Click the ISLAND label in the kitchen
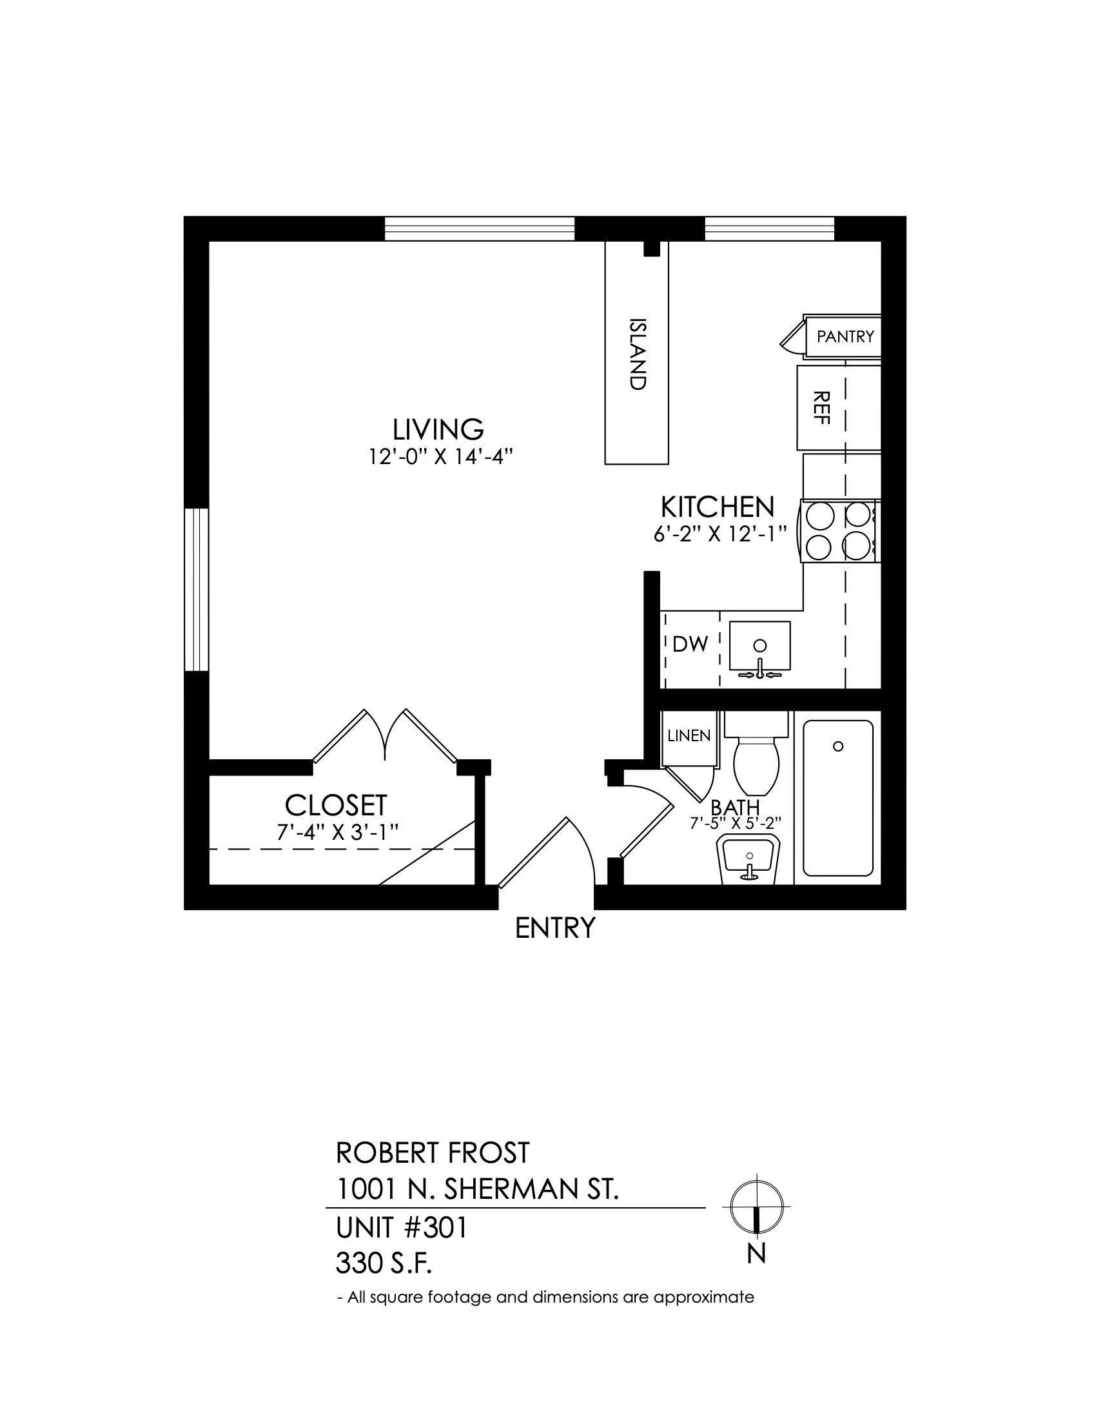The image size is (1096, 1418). pyautogui.click(x=638, y=354)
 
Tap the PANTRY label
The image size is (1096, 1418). pyautogui.click(x=845, y=336)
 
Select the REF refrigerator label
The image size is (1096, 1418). pyautogui.click(x=822, y=408)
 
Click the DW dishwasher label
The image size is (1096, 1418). pyautogui.click(x=690, y=644)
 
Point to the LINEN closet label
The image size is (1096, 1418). pyautogui.click(x=689, y=735)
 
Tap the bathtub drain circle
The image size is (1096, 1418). pyautogui.click(x=838, y=746)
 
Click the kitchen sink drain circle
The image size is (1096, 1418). pyautogui.click(x=759, y=645)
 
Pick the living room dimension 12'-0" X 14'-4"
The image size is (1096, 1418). pyautogui.click(x=441, y=457)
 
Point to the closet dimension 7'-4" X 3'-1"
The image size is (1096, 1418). pyautogui.click(x=337, y=832)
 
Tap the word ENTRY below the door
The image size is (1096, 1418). pyautogui.click(x=555, y=928)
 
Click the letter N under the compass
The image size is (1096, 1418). pyautogui.click(x=756, y=1252)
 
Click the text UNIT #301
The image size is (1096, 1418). pyautogui.click(x=401, y=1228)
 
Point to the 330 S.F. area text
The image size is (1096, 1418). pyautogui.click(x=384, y=1263)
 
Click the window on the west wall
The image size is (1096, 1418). pyautogui.click(x=197, y=590)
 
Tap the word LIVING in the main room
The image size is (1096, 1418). pyautogui.click(x=438, y=429)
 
